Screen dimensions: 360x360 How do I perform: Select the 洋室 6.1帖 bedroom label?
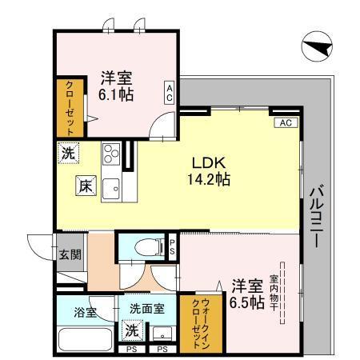coord(116,86)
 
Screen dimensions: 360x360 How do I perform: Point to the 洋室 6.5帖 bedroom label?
coord(247,294)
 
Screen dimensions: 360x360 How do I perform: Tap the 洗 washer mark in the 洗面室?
coord(130,330)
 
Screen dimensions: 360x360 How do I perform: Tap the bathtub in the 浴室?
coord(83,339)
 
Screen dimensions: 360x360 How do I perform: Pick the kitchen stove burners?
coord(110,151)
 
